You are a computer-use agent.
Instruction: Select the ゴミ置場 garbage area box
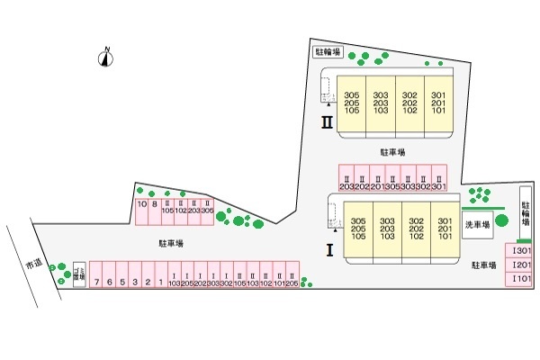(x=78, y=274)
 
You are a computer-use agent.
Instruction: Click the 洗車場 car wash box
(x=477, y=225)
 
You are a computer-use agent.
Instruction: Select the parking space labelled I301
(x=521, y=251)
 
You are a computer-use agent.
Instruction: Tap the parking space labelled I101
(x=521, y=280)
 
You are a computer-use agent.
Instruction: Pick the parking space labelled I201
(x=521, y=265)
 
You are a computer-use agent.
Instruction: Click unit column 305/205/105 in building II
(x=352, y=103)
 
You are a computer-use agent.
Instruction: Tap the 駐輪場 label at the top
(x=327, y=52)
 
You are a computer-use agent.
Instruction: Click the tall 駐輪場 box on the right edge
(x=526, y=212)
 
